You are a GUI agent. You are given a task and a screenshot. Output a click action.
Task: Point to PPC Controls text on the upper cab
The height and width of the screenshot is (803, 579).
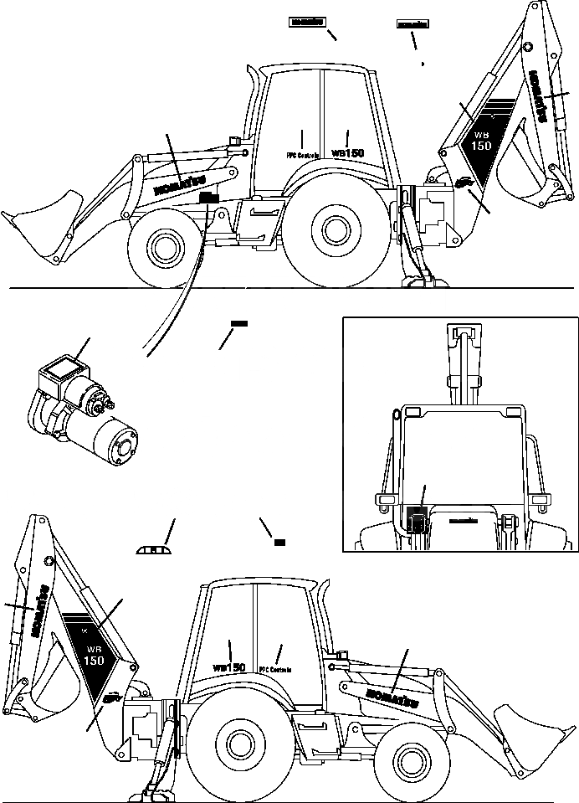click(x=302, y=155)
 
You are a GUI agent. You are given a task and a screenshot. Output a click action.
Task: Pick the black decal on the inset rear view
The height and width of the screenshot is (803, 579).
click(x=416, y=519)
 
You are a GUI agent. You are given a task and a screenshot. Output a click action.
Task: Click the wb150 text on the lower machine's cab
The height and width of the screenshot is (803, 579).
click(x=228, y=667)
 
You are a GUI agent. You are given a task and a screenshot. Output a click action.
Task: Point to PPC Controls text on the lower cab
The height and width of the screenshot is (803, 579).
click(x=276, y=669)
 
